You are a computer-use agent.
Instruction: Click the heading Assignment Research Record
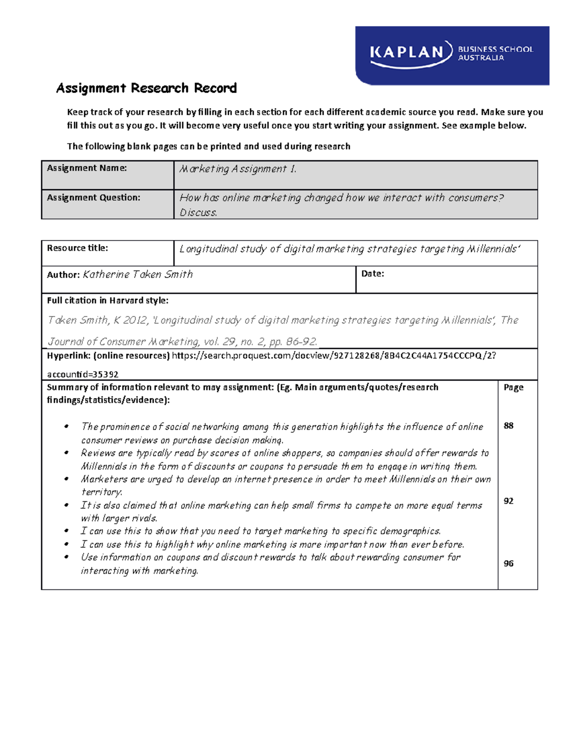click(x=146, y=88)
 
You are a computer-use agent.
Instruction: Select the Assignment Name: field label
click(x=87, y=168)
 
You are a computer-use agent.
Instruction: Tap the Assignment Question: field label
click(x=93, y=198)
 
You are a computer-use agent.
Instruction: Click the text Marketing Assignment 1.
click(x=238, y=169)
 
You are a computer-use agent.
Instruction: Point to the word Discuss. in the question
click(x=198, y=213)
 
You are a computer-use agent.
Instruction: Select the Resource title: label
click(x=77, y=248)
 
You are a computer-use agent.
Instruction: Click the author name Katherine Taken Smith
click(x=138, y=274)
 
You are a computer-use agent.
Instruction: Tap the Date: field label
click(x=373, y=274)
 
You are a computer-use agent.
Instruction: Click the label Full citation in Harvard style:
click(x=108, y=301)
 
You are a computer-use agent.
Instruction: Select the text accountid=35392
click(x=82, y=375)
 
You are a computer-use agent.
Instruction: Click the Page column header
click(x=513, y=387)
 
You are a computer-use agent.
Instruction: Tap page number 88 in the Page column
click(x=508, y=426)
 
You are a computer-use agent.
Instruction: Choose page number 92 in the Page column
click(x=508, y=501)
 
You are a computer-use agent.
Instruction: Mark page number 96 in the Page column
click(x=508, y=564)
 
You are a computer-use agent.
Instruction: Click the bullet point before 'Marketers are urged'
click(x=67, y=479)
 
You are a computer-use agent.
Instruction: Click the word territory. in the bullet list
click(x=101, y=492)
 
